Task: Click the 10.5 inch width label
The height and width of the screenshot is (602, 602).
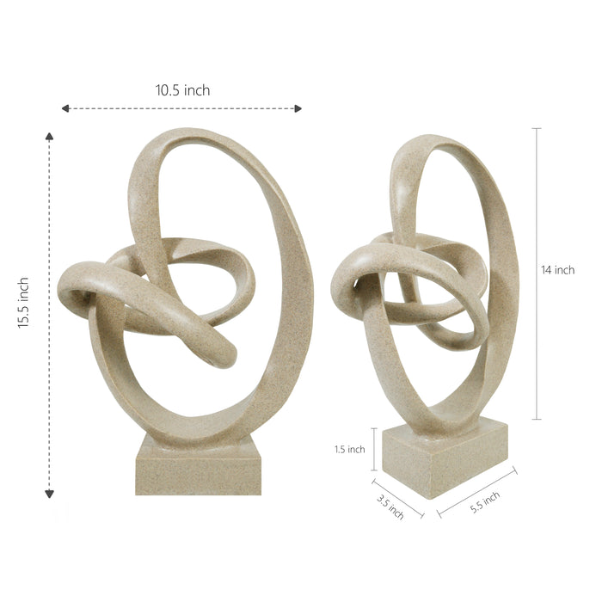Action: pyautogui.click(x=182, y=90)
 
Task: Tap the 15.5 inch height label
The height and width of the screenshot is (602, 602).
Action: pyautogui.click(x=23, y=303)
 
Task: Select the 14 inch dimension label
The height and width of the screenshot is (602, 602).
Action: pyautogui.click(x=558, y=270)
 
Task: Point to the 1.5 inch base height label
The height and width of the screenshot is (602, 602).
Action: pyautogui.click(x=350, y=449)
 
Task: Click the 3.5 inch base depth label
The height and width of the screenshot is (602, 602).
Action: pyautogui.click(x=390, y=507)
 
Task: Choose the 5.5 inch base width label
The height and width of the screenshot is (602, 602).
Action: pyautogui.click(x=485, y=502)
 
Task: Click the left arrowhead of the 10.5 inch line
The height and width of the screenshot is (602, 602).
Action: pyautogui.click(x=65, y=108)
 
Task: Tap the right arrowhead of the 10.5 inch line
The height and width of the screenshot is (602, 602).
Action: pyautogui.click(x=298, y=108)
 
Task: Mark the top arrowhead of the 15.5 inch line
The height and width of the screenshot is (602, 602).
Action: pyautogui.click(x=49, y=136)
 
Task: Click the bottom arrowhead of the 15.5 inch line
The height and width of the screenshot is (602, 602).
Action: pyautogui.click(x=49, y=494)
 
